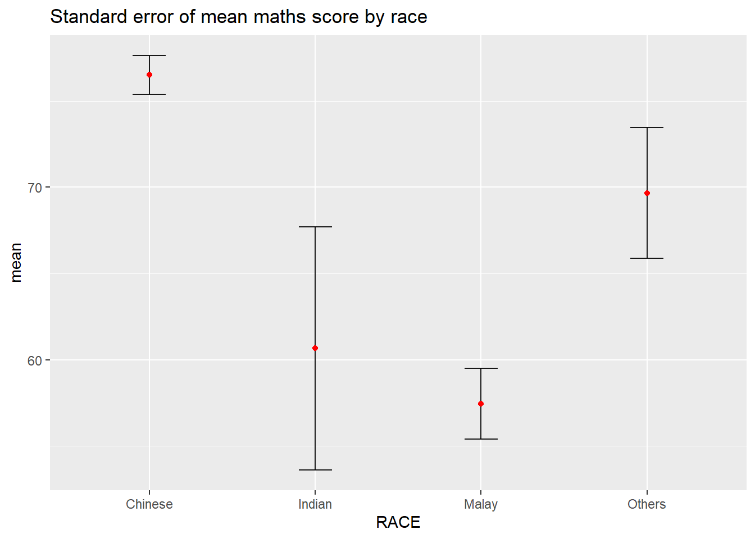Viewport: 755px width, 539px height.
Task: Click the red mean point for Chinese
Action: tap(149, 75)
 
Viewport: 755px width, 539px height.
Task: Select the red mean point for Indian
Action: tap(315, 348)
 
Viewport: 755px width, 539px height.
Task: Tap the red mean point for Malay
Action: tap(481, 404)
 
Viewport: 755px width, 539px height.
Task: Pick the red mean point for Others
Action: tap(647, 193)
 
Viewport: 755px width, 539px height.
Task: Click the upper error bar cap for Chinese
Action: tap(149, 56)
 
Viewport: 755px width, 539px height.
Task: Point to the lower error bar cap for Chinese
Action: tap(149, 94)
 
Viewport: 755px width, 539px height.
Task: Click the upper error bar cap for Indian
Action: tap(315, 227)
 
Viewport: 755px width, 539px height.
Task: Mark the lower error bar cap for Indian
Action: tap(315, 470)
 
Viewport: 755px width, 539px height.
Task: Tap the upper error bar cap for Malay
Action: tap(481, 368)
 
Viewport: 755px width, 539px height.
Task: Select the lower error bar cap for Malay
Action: tap(481, 439)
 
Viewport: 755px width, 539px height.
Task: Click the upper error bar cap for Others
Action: tap(647, 127)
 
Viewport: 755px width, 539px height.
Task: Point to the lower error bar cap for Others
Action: tap(647, 258)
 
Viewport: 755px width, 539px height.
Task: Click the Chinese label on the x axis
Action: tap(149, 504)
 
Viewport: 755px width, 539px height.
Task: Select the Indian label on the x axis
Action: tap(315, 504)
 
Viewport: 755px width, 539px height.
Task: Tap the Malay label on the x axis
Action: tap(481, 504)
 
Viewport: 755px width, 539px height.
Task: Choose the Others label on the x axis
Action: tap(647, 504)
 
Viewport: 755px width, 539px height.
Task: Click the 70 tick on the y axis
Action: tap(35, 188)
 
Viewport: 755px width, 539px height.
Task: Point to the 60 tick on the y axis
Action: tap(35, 360)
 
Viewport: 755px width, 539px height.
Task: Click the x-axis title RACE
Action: tap(398, 523)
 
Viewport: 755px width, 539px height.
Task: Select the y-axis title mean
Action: tap(16, 262)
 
